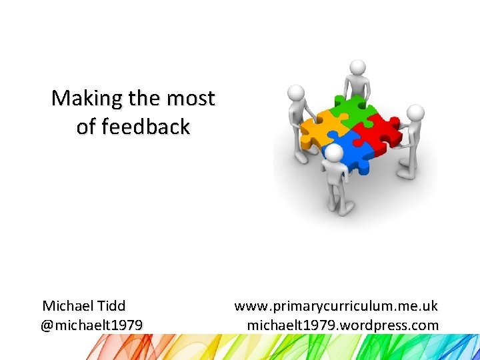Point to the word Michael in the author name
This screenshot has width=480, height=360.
(66, 306)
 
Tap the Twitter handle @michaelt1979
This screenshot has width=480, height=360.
(91, 325)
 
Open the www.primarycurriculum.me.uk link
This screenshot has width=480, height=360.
(336, 306)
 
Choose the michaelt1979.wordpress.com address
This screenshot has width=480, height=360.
(343, 325)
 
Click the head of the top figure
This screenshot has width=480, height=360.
(358, 68)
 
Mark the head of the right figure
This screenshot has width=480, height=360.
(415, 112)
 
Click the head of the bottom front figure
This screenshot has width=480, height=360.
(333, 153)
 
